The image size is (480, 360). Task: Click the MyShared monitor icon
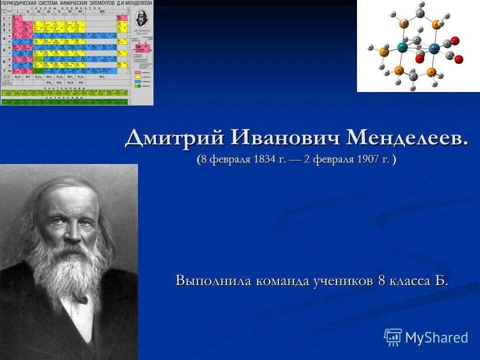(393, 337)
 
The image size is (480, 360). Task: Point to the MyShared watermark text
(436, 337)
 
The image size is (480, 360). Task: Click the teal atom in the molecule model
(402, 48)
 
